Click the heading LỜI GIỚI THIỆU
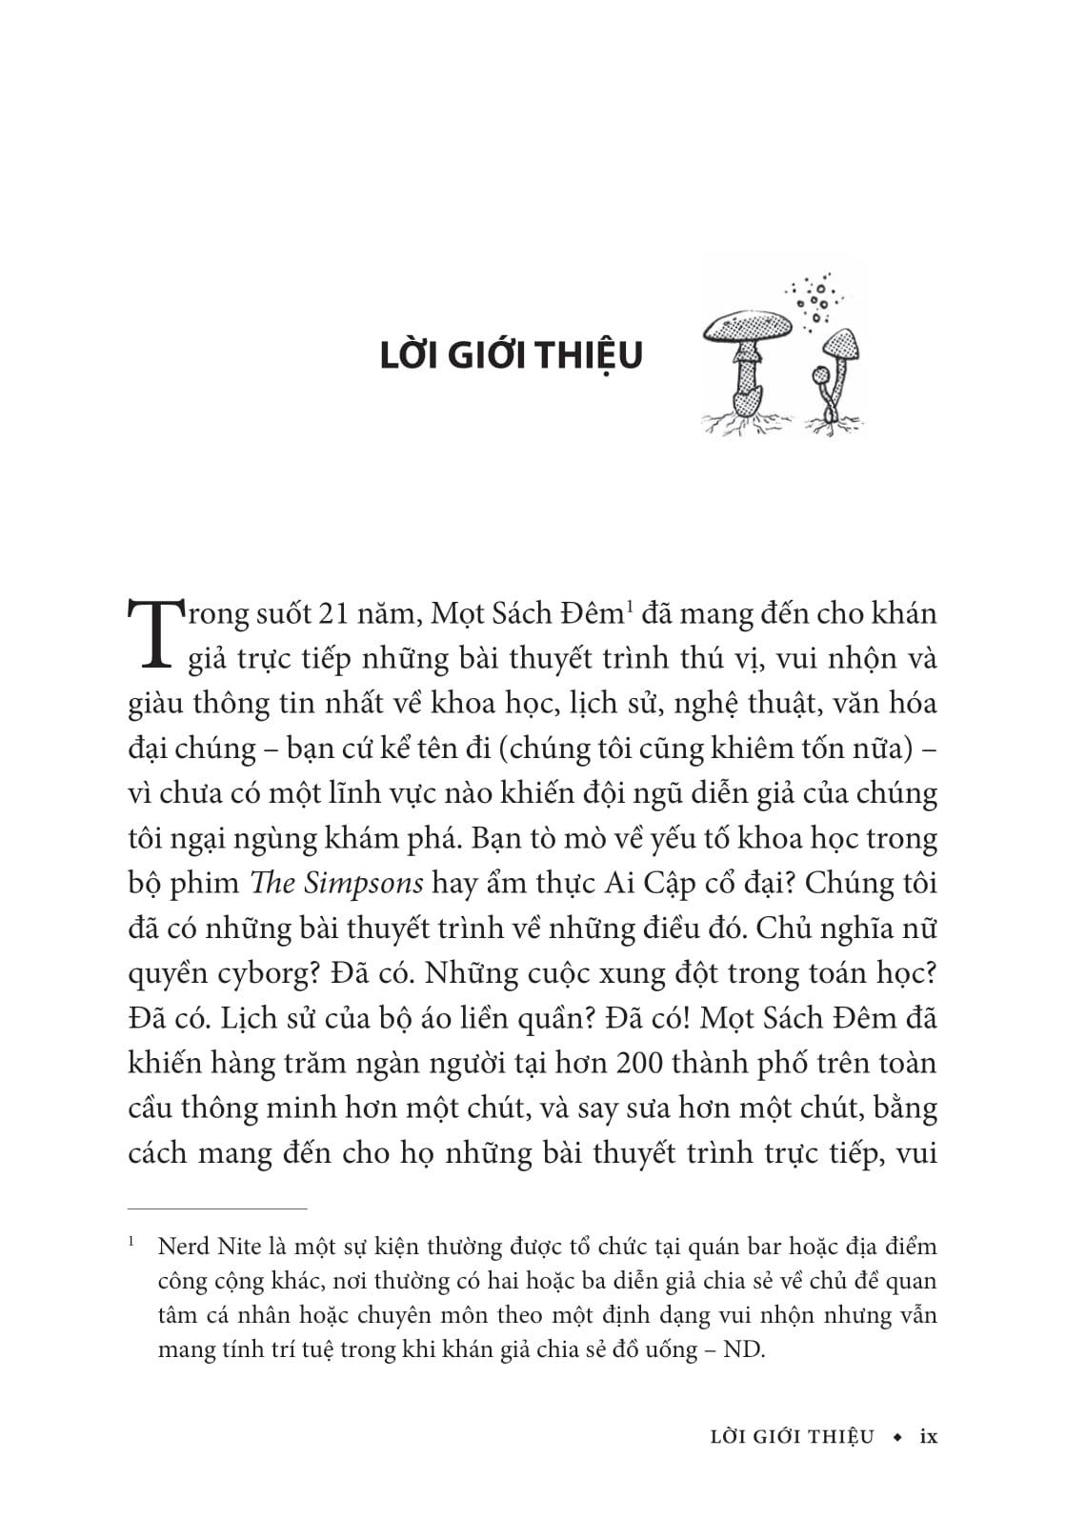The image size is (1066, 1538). [x=511, y=355]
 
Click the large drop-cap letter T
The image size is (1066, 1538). [x=151, y=633]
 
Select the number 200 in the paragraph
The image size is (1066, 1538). [x=637, y=1063]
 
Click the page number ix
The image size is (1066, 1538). [x=927, y=1436]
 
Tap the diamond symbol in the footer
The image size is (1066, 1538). [x=895, y=1437]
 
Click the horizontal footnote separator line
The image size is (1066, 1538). [x=217, y=1208]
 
